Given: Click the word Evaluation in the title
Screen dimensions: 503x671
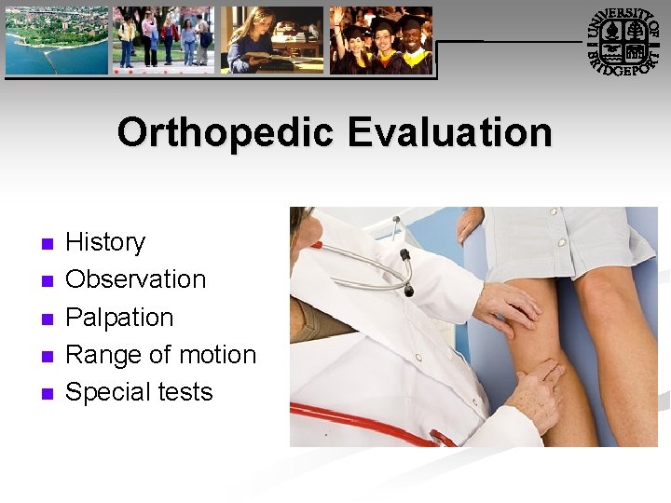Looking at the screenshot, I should [x=449, y=133].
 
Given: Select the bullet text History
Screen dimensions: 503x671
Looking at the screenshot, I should [x=105, y=242].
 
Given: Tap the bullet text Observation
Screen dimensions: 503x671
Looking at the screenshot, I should [x=135, y=279].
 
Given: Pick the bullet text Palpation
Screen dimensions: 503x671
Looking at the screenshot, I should [x=119, y=318].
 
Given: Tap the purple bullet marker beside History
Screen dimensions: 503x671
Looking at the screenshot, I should [x=48, y=244].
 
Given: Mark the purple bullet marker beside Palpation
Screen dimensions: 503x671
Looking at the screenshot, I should [x=48, y=319].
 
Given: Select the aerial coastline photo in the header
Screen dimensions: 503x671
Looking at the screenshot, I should [x=56, y=40].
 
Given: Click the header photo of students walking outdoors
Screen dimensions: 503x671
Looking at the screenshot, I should [x=164, y=40].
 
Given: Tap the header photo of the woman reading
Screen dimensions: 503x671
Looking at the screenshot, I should [x=271, y=40].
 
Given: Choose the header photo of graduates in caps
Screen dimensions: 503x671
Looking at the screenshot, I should [x=381, y=40].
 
